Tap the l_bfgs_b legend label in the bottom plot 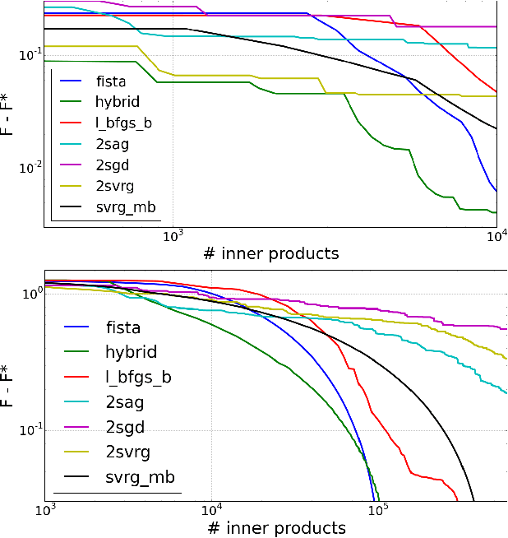[x=138, y=378]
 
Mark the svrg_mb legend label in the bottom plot [x=140, y=478]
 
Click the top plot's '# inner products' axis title [x=270, y=253]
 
